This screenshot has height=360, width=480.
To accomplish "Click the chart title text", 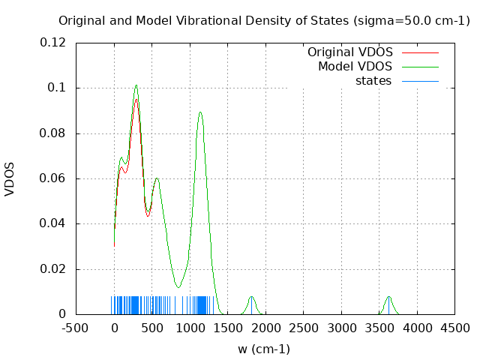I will click(x=264, y=21).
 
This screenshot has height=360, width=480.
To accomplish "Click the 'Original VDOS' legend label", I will click(x=349, y=52).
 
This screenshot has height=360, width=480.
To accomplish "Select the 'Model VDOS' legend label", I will click(x=355, y=67).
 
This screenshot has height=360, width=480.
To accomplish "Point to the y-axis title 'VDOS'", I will click(x=10, y=178).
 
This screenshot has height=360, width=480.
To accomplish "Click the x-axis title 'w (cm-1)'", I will click(x=264, y=349).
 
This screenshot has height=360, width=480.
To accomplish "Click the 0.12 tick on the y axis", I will click(x=55, y=43).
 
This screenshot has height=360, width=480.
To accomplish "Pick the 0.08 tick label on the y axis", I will click(x=55, y=133).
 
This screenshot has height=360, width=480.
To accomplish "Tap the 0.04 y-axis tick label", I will click(x=55, y=223).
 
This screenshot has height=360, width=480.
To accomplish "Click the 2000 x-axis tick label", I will click(x=266, y=328).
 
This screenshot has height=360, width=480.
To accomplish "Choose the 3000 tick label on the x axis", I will click(x=342, y=328).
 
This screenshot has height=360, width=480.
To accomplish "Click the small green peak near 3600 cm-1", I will click(x=388, y=297).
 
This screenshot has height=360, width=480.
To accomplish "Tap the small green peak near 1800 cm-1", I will click(x=251, y=297).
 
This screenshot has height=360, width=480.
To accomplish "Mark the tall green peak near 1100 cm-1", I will click(x=200, y=112).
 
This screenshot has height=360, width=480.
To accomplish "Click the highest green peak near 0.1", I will click(x=136, y=85).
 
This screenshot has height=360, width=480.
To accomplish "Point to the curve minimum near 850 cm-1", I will click(x=178, y=286).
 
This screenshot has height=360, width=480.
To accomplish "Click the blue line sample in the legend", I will click(x=420, y=80).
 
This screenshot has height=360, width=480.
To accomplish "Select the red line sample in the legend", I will click(x=420, y=52).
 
